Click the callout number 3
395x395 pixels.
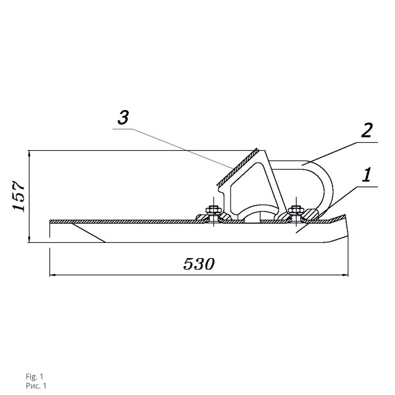click(123, 117)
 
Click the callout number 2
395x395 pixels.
click(367, 130)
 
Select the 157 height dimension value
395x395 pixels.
click(18, 196)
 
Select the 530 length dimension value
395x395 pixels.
click(199, 264)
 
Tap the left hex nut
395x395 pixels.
click(213, 209)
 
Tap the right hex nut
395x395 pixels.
click(296, 209)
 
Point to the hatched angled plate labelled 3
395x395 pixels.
click(238, 167)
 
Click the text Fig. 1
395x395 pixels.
click(34, 377)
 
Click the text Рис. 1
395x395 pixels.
click(36, 386)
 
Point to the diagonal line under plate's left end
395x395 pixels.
click(88, 233)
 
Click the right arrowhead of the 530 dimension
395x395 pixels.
click(345, 275)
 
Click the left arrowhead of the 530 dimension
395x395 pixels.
click(53, 275)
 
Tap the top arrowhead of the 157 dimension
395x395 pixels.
click(30, 154)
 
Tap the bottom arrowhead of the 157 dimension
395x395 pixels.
click(30, 239)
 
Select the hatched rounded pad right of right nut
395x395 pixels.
click(312, 215)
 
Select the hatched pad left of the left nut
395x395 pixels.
click(201, 217)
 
